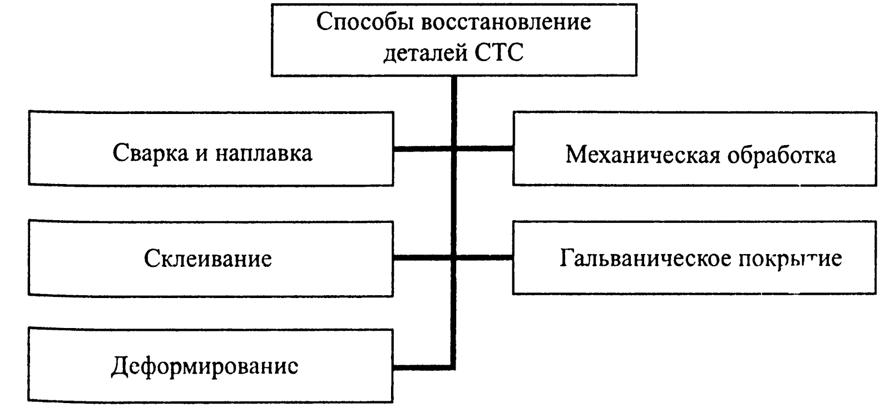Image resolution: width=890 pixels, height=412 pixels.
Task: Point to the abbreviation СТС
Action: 499,54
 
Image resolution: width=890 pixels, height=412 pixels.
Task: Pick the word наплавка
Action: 264,153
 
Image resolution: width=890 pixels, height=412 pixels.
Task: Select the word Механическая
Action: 634,155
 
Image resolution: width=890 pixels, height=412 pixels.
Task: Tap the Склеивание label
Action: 208,259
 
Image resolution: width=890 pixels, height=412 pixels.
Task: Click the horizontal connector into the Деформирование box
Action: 423,367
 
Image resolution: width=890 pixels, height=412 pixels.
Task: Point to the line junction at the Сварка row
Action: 454,149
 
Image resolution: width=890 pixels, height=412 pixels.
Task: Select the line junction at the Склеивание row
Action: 454,257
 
